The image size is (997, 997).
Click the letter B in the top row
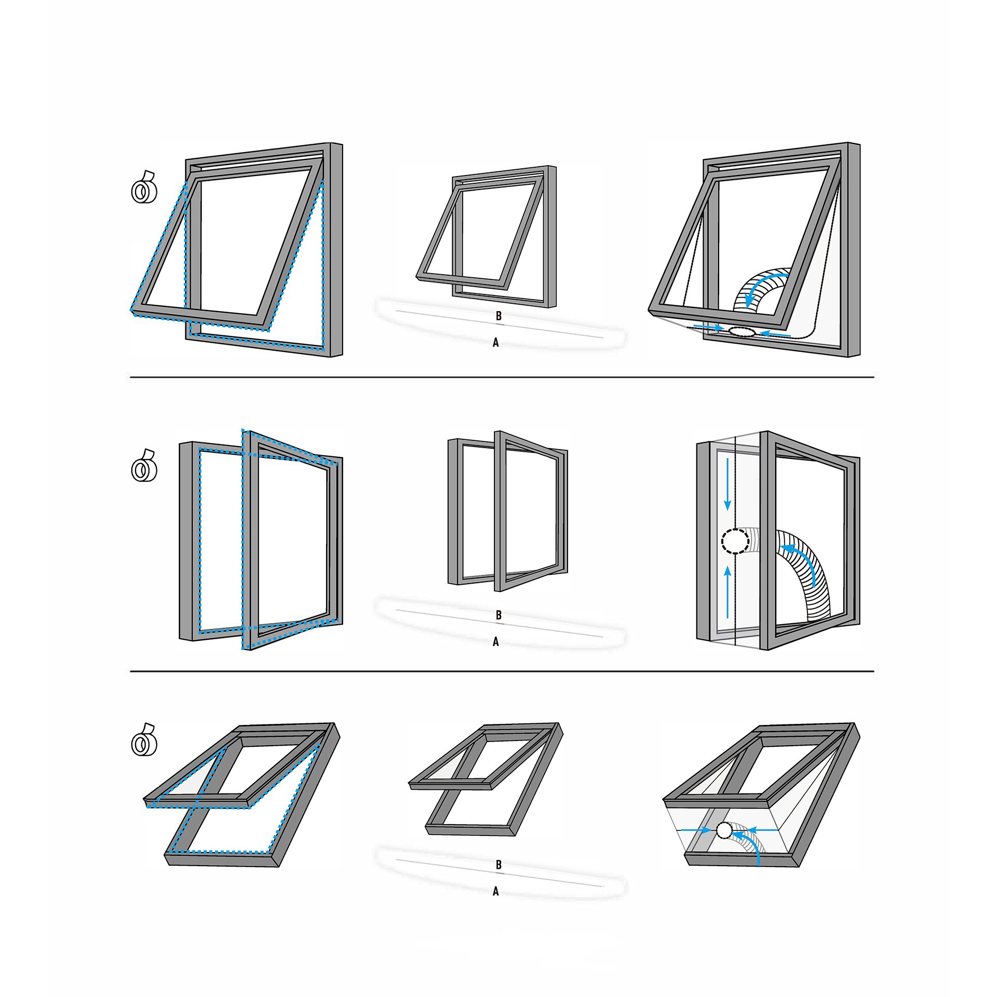click(x=498, y=316)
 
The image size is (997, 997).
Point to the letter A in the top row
click(x=496, y=343)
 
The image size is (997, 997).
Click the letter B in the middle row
click(x=498, y=615)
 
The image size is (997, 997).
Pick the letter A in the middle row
click(x=496, y=642)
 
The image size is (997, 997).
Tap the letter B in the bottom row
click(x=498, y=865)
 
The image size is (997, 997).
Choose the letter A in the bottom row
click(x=496, y=892)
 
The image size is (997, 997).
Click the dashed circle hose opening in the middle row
click(x=735, y=541)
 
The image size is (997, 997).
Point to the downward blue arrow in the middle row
click(x=727, y=483)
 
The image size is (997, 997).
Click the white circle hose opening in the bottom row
click(x=723, y=831)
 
